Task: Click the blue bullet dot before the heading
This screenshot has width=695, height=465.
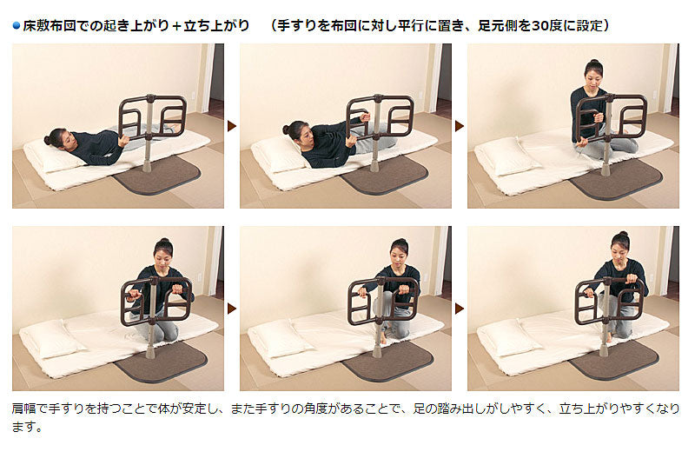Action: (x=17, y=26)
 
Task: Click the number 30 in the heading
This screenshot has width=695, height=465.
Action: (x=539, y=26)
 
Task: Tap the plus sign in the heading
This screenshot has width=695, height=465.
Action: (x=176, y=26)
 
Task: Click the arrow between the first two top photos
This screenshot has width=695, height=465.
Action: (x=232, y=126)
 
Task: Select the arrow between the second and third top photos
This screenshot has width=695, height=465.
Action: (x=460, y=126)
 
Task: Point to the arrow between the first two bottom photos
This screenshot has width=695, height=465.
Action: (x=232, y=309)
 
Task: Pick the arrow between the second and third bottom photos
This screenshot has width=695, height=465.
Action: (x=460, y=309)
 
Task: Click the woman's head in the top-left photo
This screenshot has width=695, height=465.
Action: (x=57, y=138)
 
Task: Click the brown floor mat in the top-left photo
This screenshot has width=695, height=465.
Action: (x=157, y=175)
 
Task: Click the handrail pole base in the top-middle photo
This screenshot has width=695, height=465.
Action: (x=375, y=166)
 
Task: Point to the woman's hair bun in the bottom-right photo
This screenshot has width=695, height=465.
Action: (x=623, y=234)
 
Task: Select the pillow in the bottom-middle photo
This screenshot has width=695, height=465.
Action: (x=281, y=337)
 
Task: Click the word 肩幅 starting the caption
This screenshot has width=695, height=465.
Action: (x=24, y=408)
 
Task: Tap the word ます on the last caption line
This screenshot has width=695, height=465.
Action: (x=24, y=427)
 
